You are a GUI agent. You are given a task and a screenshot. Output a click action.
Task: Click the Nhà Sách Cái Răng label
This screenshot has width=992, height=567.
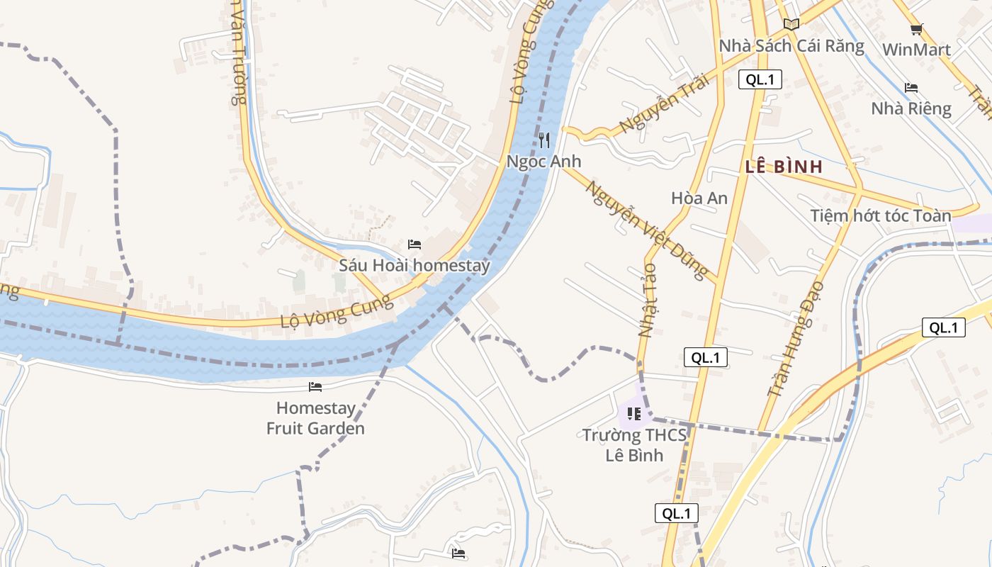(x=791, y=46)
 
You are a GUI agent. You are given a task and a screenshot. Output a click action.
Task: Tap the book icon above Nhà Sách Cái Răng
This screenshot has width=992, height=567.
(x=791, y=25)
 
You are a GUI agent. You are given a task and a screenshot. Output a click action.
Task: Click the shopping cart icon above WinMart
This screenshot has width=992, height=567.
(x=916, y=29)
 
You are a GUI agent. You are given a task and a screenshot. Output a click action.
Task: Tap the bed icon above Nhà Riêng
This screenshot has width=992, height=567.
(x=911, y=88)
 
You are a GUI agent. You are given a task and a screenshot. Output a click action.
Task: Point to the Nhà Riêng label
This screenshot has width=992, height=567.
(x=911, y=108)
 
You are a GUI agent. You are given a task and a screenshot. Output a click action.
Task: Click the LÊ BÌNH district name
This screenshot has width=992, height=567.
(x=784, y=167)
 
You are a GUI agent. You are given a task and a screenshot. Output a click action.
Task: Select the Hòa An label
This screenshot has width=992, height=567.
(x=699, y=198)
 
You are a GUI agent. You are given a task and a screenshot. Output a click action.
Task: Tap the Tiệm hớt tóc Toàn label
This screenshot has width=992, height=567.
(x=881, y=215)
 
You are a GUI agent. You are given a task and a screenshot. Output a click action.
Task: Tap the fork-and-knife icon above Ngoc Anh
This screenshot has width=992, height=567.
(x=544, y=140)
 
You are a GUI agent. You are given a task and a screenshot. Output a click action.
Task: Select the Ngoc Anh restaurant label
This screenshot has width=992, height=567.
(x=543, y=162)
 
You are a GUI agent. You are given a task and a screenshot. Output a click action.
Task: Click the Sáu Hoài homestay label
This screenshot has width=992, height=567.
(x=415, y=266)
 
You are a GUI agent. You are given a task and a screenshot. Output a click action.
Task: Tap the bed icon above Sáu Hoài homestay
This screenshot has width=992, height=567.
(x=415, y=245)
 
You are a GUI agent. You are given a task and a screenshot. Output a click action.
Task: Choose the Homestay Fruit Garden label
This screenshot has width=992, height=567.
(x=315, y=418)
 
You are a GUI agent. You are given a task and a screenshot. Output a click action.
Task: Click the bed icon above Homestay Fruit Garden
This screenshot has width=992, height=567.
(x=315, y=387)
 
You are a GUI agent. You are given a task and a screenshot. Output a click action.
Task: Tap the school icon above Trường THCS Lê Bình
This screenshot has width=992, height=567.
(x=634, y=413)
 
